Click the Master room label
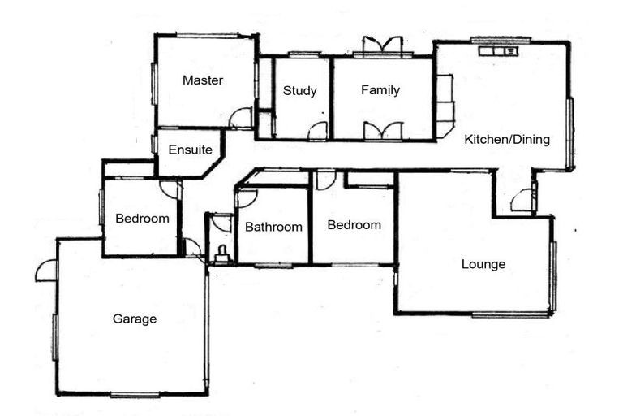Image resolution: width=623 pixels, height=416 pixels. click(202, 80)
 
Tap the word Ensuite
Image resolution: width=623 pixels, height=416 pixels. click(191, 149)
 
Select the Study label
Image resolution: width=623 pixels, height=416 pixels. click(299, 90)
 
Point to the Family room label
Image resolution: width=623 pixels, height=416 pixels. click(380, 90)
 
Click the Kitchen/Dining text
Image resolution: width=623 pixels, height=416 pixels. click(507, 139)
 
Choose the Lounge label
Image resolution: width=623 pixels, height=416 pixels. click(483, 264)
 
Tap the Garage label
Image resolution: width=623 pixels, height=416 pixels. click(135, 319)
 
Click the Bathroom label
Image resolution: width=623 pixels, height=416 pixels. click(273, 227)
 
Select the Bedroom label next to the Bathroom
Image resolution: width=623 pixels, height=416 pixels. click(354, 225)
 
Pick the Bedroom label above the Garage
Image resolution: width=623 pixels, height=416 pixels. click(142, 218)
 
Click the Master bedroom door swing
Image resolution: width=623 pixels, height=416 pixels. click(241, 119)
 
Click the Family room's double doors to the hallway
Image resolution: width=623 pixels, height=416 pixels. click(382, 130)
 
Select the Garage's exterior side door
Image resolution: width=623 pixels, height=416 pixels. click(47, 271)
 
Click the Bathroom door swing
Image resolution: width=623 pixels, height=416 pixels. click(247, 197)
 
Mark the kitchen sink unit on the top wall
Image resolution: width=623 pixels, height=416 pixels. click(498, 50)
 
